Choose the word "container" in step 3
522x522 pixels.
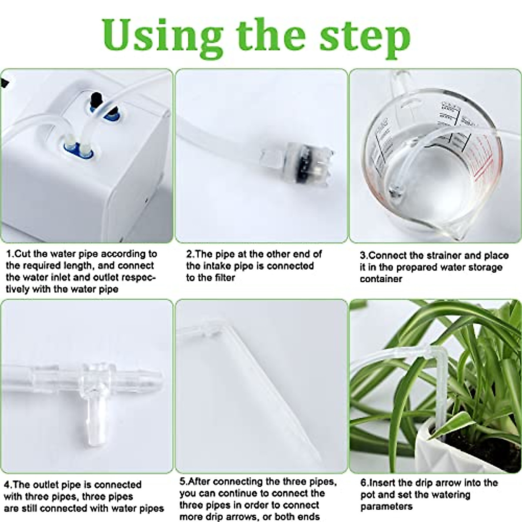(381, 279)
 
